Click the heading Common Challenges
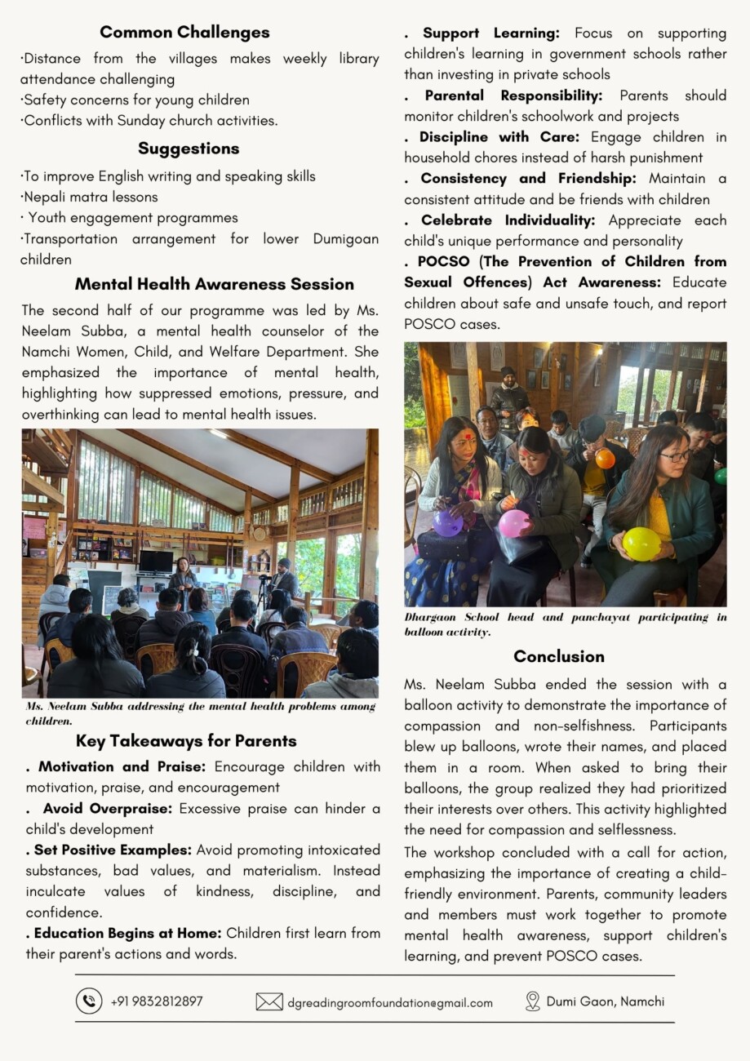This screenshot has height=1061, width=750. pos(184,33)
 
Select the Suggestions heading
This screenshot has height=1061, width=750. pos(189,149)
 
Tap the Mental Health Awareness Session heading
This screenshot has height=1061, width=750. pos(215,284)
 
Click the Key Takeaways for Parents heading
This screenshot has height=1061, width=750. pos(186,741)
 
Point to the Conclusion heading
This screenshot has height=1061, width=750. pos(559,656)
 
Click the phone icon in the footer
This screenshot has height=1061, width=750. pos(89,1001)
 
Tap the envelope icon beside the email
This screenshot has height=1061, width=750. pos(269,1001)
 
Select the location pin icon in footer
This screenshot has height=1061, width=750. pos(533,1001)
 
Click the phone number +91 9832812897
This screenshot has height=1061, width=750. pos(157,1001)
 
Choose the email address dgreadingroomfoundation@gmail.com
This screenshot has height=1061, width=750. pos(390,1002)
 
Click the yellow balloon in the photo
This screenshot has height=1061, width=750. pos(642,543)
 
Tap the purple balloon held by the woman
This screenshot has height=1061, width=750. pos(447,522)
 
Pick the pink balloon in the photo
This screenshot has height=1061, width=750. pos(514,523)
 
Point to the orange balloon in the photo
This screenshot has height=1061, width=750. pos(605,459)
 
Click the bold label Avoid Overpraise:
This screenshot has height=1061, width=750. pos(108,809)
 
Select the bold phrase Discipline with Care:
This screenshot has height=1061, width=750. pos(499,136)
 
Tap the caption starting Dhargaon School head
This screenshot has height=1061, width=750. pos(565,624)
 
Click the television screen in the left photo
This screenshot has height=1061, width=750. pos(156,562)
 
